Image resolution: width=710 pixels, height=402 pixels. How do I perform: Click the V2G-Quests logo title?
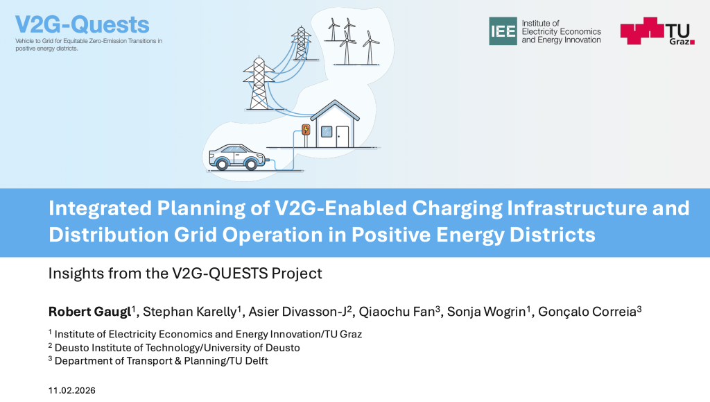coord(82,24)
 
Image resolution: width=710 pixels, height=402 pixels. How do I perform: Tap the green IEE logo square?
coord(503,31)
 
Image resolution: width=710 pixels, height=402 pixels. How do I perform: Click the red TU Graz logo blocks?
coord(642,31)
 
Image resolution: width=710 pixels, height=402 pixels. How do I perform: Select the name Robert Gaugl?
coord(89,312)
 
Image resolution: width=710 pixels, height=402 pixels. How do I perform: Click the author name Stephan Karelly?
coord(190,312)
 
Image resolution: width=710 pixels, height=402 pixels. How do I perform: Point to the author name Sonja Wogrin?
coord(486,312)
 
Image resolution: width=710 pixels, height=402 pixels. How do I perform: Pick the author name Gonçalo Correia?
coord(587,312)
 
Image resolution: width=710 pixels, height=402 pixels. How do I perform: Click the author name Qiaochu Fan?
coord(397,312)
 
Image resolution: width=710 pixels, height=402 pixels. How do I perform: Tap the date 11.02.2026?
coord(72,391)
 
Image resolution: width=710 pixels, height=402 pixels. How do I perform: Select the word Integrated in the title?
coord(100,209)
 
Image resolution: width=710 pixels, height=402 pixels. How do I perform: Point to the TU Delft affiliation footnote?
coord(158,361)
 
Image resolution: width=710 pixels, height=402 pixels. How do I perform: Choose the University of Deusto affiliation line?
coord(174,348)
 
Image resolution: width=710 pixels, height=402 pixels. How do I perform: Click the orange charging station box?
coord(306,130)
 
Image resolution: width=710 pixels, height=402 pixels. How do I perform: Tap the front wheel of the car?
coord(250,164)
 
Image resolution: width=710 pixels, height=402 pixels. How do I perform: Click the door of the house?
coord(343,136)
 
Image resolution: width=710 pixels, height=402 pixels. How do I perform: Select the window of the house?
coord(327,132)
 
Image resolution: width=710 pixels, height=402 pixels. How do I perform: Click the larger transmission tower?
coord(259,83)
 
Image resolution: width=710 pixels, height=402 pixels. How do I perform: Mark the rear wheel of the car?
coord(222,164)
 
